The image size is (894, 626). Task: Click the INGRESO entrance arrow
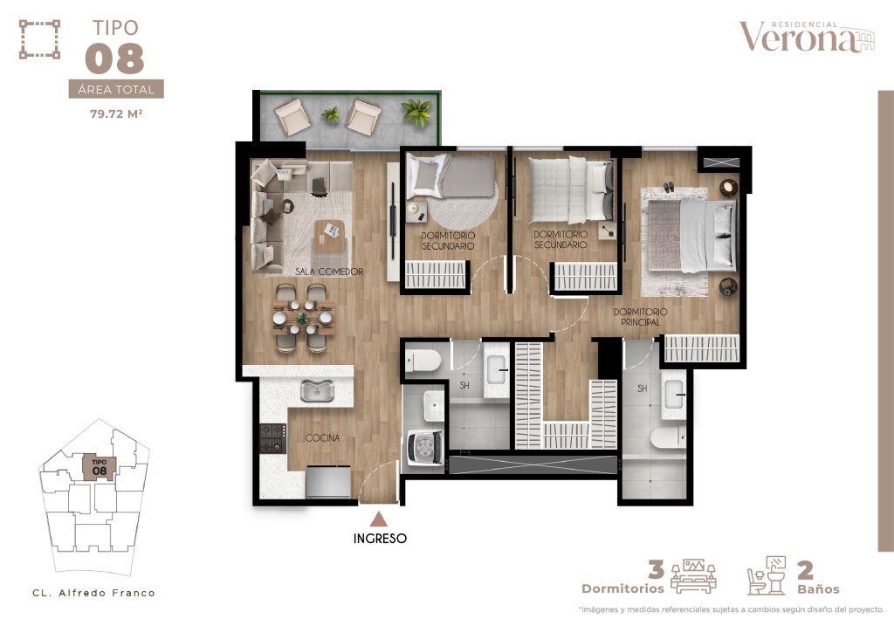(379, 519)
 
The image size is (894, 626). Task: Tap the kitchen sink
(317, 390)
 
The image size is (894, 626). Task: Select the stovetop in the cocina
(273, 438)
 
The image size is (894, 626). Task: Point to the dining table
(303, 318)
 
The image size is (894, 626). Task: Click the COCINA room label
(322, 438)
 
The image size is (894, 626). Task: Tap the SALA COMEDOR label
(329, 272)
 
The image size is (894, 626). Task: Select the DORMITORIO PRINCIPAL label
(640, 317)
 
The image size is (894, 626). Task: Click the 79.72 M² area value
(116, 114)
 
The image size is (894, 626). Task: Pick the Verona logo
(806, 37)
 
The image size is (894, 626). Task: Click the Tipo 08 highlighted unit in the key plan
(100, 467)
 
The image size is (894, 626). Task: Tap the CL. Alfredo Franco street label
(93, 593)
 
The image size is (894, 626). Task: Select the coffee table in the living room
(330, 235)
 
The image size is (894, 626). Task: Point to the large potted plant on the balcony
(416, 112)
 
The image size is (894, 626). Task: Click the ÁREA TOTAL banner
(116, 89)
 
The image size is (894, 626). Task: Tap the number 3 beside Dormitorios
(657, 569)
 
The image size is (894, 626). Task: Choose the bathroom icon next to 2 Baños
(767, 576)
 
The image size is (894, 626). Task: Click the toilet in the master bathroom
(668, 438)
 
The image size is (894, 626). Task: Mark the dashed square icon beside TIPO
(39, 39)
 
